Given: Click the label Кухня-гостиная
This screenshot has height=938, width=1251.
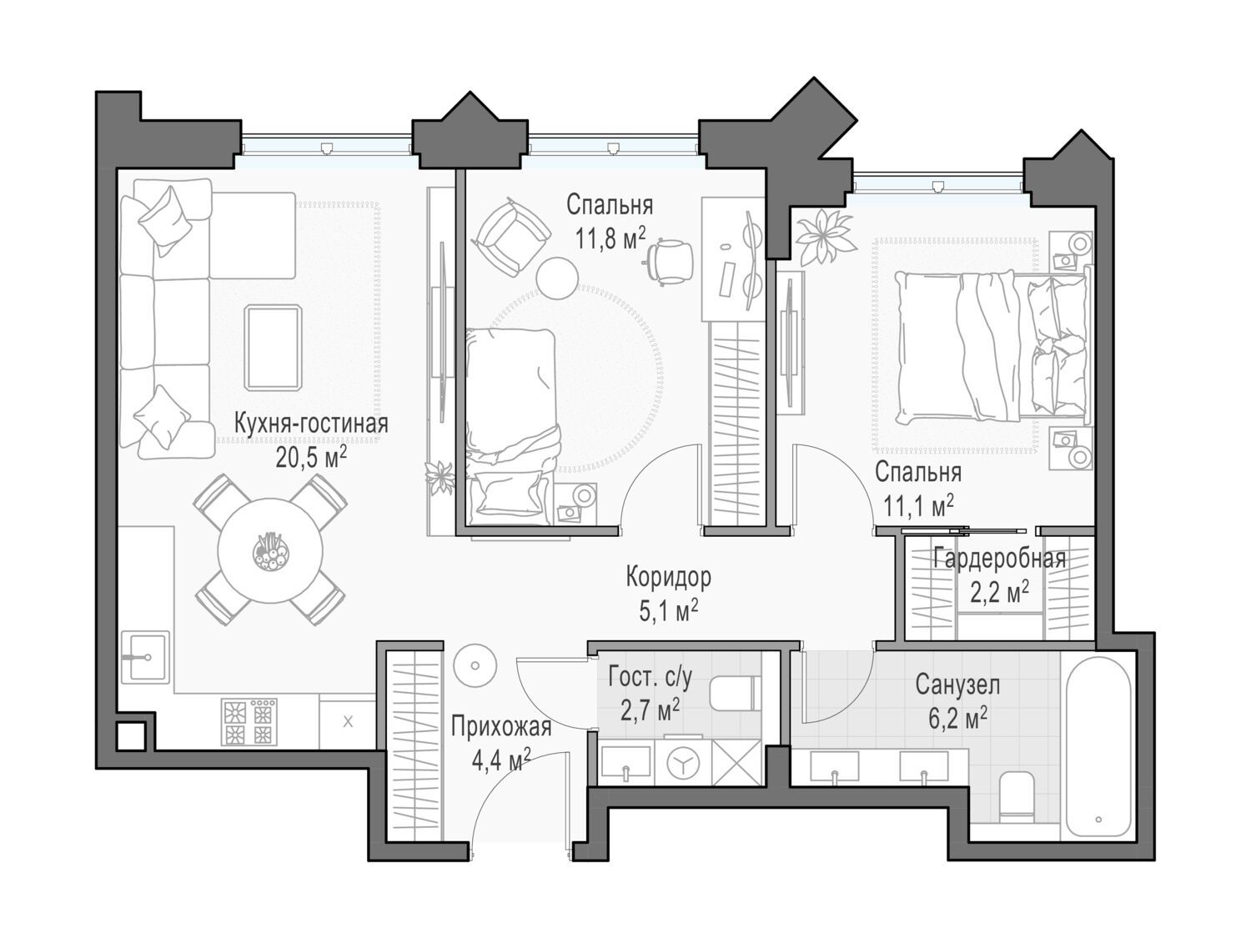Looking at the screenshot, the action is [311, 424].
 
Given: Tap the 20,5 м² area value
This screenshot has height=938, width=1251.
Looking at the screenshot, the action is [311, 457].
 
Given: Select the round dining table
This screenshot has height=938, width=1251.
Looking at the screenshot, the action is [270, 551].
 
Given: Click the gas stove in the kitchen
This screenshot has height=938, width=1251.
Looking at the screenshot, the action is [249, 721].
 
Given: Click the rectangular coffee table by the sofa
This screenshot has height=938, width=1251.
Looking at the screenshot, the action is [273, 348].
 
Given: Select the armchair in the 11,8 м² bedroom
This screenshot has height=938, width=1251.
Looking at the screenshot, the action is [510, 237].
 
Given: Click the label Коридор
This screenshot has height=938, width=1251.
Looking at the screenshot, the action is [669, 577].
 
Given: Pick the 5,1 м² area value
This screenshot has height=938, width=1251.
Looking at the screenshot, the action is [669, 610].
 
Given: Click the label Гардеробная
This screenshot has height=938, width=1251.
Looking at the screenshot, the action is [999, 559].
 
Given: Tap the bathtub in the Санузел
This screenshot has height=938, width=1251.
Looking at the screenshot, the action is [1098, 747].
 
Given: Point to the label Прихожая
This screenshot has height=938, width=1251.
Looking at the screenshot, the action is [501, 727].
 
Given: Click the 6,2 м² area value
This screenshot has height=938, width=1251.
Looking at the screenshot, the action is [957, 720].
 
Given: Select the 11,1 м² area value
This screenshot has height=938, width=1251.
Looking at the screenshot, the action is [918, 504].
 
